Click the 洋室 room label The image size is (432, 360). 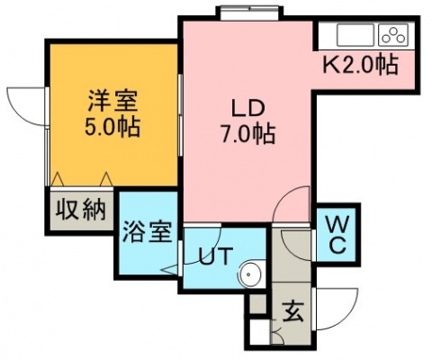(x=112, y=102)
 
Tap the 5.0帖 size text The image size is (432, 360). (x=112, y=127)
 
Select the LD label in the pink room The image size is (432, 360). (x=247, y=109)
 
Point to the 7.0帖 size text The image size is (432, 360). (x=247, y=134)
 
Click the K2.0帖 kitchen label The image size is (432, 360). (x=360, y=64)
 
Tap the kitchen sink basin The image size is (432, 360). (x=355, y=35)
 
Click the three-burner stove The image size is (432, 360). (x=393, y=35)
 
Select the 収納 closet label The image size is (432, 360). (x=81, y=210)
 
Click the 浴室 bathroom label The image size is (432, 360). (x=148, y=231)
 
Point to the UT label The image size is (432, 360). (x=216, y=256)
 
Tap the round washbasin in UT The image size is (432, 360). (x=248, y=274)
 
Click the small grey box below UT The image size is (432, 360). (x=258, y=304)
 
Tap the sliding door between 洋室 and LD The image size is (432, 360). (x=180, y=114)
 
